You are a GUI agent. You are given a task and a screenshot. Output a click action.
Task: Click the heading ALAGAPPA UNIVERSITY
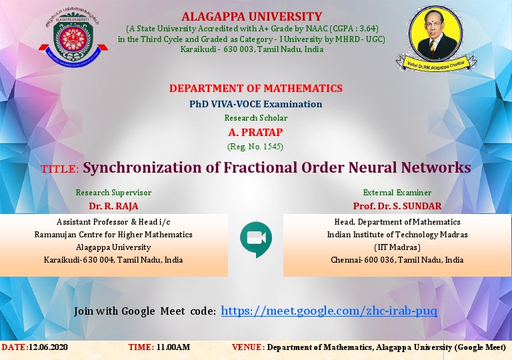251,17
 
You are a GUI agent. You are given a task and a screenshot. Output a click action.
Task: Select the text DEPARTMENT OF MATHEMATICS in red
255,89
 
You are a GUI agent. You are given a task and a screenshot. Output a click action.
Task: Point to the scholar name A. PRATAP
255,132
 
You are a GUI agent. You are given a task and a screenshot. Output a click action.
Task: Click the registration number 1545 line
255,146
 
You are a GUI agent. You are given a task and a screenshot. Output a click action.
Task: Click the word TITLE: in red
60,169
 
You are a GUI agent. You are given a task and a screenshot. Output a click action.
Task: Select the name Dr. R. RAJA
113,206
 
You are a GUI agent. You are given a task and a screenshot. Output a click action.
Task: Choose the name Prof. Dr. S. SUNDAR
397,206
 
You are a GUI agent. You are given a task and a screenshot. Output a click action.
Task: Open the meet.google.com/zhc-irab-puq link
329,311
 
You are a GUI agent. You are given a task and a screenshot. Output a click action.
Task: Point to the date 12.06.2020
48,347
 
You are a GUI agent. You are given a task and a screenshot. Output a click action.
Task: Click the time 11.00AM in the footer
173,347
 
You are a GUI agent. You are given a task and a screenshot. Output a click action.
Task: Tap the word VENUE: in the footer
248,347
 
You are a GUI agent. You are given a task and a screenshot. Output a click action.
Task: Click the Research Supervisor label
113,193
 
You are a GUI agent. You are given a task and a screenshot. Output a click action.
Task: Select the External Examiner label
397,193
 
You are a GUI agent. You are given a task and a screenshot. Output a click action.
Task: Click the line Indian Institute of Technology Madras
397,235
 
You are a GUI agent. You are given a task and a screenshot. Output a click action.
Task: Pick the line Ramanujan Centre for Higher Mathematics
113,235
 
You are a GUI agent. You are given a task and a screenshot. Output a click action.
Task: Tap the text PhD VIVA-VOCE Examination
255,104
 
